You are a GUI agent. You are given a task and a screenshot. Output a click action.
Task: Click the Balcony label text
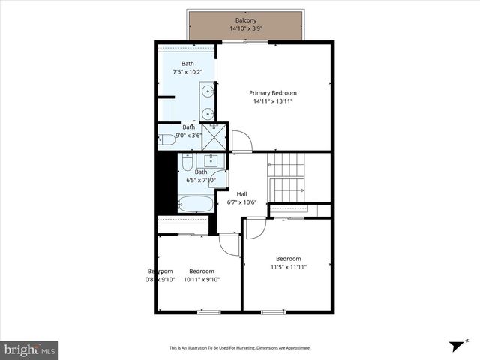[245, 20]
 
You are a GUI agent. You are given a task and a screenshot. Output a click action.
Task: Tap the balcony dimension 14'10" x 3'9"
[245, 29]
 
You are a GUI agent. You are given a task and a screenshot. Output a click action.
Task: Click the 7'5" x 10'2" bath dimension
[187, 73]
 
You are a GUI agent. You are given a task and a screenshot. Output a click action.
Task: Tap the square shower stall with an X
[214, 137]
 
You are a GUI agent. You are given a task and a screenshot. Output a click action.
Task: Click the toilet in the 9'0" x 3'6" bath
[166, 139]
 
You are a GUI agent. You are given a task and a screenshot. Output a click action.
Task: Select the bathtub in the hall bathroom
[195, 204]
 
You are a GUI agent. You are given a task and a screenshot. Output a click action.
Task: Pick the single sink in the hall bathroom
[211, 160]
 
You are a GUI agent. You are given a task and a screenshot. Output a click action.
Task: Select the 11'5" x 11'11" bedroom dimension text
[289, 266]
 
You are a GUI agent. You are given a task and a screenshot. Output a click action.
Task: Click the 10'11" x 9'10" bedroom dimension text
[202, 280]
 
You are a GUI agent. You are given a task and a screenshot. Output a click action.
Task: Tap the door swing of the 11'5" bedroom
[255, 228]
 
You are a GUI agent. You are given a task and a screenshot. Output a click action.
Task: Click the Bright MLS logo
[29, 349]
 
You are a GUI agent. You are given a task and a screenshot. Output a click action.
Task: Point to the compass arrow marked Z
[455, 345]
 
